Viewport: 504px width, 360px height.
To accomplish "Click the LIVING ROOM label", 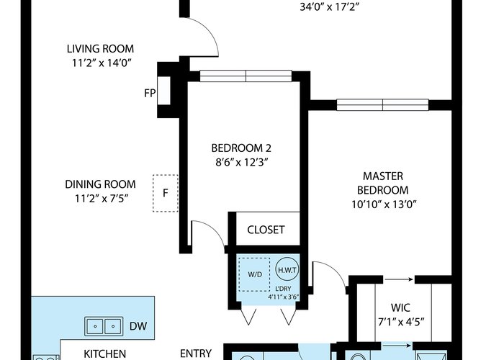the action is (x=100, y=49).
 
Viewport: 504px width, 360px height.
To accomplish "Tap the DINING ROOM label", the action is (x=100, y=184).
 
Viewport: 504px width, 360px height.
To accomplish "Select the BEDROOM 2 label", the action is (x=241, y=148).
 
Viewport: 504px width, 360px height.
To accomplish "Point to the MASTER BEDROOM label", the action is (x=383, y=183).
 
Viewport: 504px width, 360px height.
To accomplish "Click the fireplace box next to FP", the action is (x=164, y=90).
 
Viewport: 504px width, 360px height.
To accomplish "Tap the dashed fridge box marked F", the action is (x=166, y=193).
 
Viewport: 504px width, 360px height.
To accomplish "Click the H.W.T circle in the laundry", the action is (x=287, y=270).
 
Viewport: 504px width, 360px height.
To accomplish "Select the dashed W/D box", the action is (x=255, y=274).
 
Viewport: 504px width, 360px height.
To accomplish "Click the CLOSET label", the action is (x=266, y=230).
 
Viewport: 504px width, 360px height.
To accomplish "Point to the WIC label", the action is (x=400, y=307).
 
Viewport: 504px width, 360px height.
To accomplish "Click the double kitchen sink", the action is (x=104, y=326).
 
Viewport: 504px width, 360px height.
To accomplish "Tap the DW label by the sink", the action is (x=138, y=326).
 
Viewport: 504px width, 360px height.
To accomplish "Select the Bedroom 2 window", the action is (x=246, y=76).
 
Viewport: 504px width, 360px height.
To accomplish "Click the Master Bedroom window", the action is (x=382, y=105).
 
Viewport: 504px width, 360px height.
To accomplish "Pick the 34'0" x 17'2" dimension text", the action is (x=329, y=7).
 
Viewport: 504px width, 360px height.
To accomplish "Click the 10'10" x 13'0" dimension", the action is (x=384, y=204).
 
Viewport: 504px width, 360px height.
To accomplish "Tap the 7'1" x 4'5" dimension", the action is (x=401, y=322).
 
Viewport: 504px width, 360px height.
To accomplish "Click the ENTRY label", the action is (x=196, y=354).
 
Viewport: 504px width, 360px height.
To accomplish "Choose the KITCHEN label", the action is (x=105, y=354).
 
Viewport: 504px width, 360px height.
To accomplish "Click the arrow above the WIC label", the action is (x=399, y=279).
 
